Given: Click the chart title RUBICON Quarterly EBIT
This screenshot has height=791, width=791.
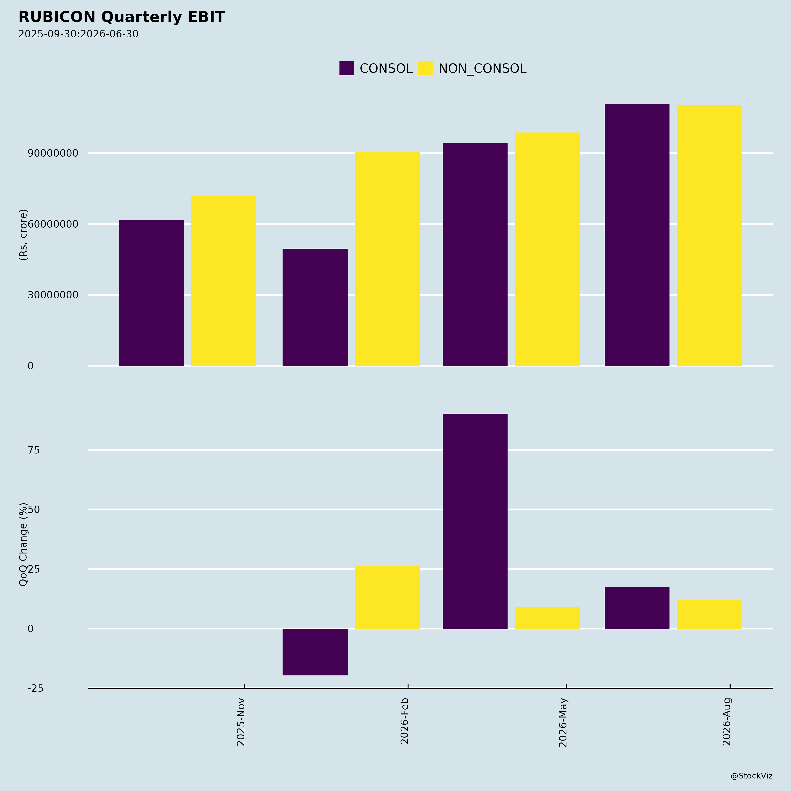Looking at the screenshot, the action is (x=122, y=17).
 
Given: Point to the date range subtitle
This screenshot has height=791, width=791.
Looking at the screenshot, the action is (x=78, y=34).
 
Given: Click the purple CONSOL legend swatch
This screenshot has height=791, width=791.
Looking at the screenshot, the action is (x=346, y=68).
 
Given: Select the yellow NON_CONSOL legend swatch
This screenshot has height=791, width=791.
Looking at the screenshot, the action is (x=425, y=68).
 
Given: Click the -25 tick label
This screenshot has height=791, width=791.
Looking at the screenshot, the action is (x=35, y=688).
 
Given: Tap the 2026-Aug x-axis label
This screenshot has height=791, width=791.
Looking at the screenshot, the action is (x=727, y=722).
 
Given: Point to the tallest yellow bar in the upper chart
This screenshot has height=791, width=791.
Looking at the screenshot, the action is (x=709, y=235).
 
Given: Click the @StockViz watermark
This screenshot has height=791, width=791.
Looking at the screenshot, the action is (x=752, y=776).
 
